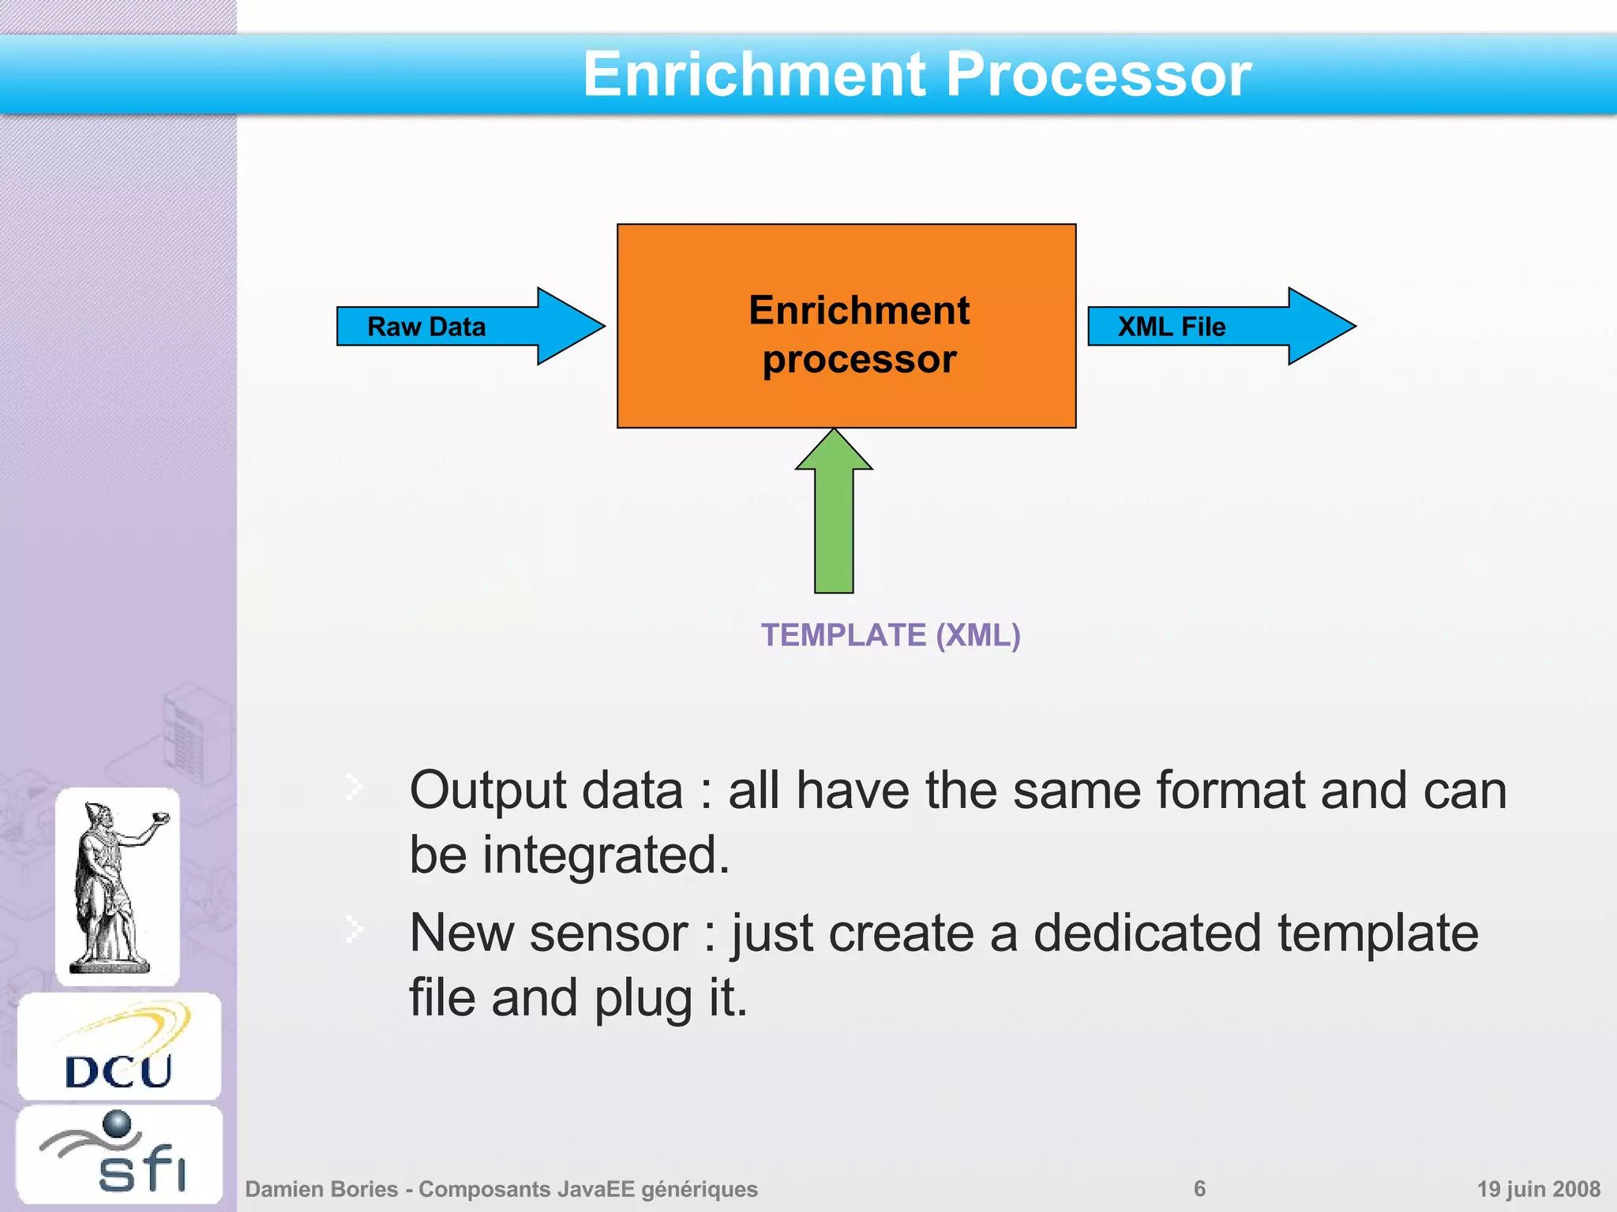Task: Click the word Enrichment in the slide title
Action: [x=754, y=74]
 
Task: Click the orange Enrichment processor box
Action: [x=846, y=326]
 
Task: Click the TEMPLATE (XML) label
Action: [x=890, y=635]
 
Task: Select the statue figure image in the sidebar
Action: [x=118, y=885]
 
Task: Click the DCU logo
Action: [x=119, y=1047]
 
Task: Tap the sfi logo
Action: [x=119, y=1154]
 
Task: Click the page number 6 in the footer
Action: [x=1199, y=1188]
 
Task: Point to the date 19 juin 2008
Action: [x=1538, y=1188]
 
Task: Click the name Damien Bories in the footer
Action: [x=321, y=1188]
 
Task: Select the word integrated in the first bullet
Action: [x=606, y=855]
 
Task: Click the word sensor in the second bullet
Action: [x=608, y=933]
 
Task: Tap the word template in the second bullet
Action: [x=1378, y=933]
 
